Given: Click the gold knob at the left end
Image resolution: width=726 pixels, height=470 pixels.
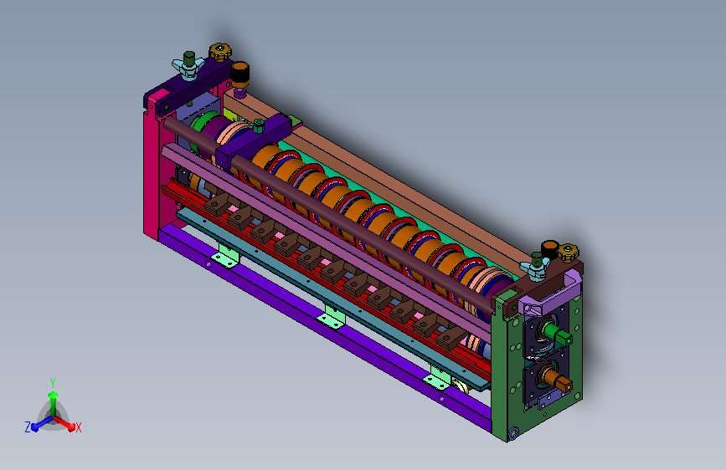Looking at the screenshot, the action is pos(220,52).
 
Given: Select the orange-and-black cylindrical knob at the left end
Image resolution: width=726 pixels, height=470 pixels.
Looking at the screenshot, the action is pos(239,74).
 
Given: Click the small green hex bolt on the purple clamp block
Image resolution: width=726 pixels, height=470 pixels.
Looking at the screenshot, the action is pos(259,125).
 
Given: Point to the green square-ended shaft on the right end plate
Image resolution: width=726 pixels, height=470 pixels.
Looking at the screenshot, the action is pos(554,333).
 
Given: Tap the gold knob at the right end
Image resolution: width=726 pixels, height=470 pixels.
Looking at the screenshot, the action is pos(568,253).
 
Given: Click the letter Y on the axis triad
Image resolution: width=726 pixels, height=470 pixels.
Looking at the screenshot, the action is pos(53,383).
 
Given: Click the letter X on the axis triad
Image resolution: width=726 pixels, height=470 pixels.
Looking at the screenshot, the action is pos(79,428).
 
